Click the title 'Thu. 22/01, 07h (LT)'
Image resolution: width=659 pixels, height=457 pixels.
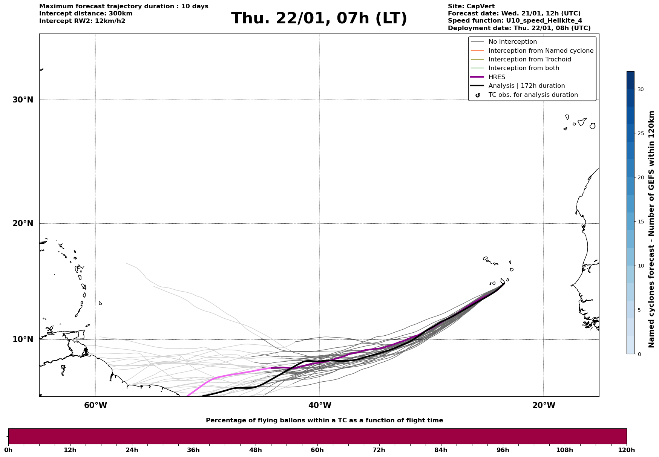(319, 18)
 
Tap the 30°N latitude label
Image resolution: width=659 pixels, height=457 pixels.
(23, 100)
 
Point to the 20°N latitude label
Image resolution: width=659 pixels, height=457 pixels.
(23, 223)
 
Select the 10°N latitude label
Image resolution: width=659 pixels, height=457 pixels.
(23, 339)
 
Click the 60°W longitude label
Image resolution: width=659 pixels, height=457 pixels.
(95, 405)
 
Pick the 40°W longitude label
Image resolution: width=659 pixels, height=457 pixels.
(320, 405)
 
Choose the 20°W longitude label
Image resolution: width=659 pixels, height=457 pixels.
(544, 405)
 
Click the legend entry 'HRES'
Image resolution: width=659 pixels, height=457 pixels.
(497, 77)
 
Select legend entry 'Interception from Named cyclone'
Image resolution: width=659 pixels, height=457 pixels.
(541, 51)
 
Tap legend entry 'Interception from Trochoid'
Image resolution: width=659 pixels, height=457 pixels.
(529, 60)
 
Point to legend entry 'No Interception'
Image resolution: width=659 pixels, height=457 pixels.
(512, 42)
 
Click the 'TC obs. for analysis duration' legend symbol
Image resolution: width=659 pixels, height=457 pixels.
(478, 95)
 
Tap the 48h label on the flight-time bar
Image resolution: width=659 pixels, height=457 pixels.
(255, 450)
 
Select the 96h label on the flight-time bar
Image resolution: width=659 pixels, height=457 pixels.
(503, 450)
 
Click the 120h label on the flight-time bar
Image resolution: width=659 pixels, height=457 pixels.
(626, 450)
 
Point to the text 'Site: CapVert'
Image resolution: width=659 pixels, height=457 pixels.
(471, 6)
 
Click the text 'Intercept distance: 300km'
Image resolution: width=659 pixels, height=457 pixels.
(86, 14)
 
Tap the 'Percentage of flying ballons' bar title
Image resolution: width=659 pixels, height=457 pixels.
(324, 420)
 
